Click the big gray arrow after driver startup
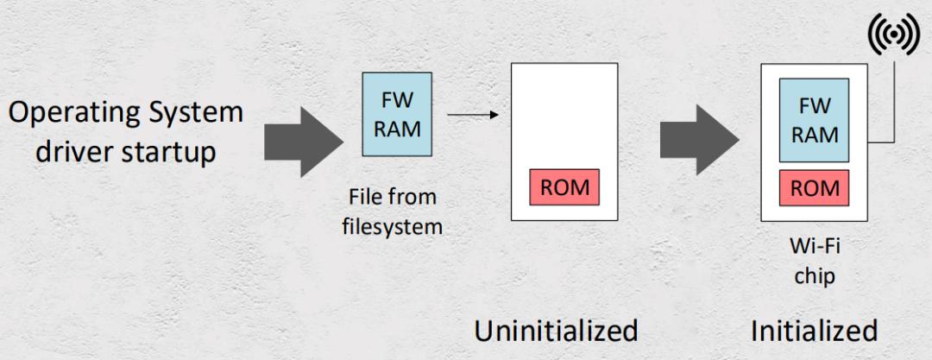(x=303, y=142)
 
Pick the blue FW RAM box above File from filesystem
(x=397, y=114)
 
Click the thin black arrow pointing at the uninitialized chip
(x=473, y=115)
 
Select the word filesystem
(x=393, y=227)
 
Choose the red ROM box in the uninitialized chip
(x=564, y=186)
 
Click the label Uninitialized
(x=556, y=331)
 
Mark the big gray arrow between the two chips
(x=699, y=140)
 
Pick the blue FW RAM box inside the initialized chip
(x=814, y=120)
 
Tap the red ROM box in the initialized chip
(x=814, y=187)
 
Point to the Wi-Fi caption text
(x=815, y=246)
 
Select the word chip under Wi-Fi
(x=815, y=277)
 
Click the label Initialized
(x=814, y=331)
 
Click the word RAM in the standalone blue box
(x=397, y=129)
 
